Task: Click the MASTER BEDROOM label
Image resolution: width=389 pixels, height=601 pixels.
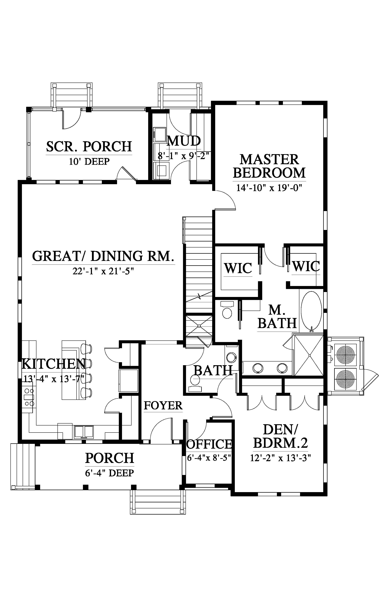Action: tap(269, 166)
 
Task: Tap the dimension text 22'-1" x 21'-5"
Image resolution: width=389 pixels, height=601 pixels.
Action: tap(103, 271)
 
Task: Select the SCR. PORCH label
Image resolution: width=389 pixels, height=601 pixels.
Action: tap(89, 147)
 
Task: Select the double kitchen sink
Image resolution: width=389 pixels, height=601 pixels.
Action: tap(84, 432)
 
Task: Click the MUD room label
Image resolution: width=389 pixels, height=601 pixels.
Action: tap(184, 141)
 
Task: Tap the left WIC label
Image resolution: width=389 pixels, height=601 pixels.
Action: tap(238, 268)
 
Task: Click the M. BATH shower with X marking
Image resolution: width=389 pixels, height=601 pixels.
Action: tap(309, 355)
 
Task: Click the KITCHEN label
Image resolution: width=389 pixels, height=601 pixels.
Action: tap(54, 364)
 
